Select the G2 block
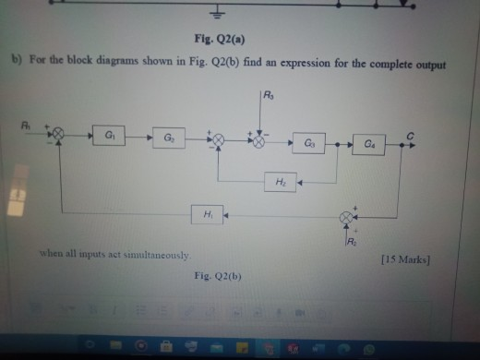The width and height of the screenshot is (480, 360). tap(169, 136)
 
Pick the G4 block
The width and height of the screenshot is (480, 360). tap(368, 144)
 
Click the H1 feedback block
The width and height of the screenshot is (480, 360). tap(206, 213)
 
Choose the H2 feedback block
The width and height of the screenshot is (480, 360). tap(281, 182)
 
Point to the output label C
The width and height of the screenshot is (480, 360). tap(413, 134)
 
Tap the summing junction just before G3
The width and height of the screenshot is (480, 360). tap(260, 143)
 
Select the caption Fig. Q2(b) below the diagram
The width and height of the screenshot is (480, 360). tap(217, 275)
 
